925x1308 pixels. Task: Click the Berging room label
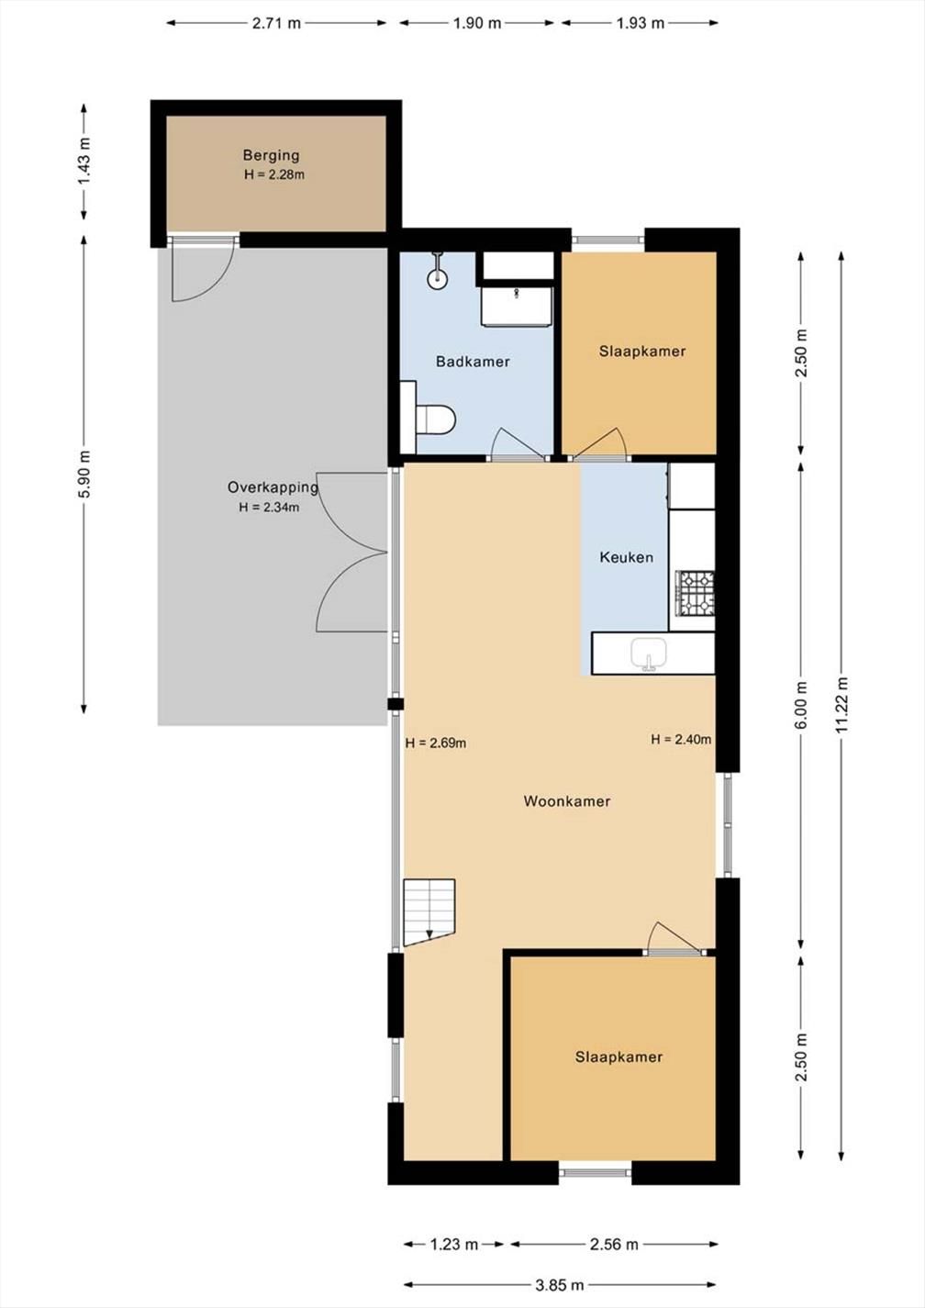[x=272, y=155]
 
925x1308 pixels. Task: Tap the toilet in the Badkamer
[x=435, y=419]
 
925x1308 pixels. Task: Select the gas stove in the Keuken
[x=695, y=593]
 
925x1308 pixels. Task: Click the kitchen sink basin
[x=650, y=654]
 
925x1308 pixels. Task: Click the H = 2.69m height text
[x=436, y=743]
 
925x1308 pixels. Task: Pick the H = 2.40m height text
[x=681, y=739]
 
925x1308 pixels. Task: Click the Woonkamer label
[x=567, y=800]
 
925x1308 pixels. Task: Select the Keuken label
[x=626, y=557]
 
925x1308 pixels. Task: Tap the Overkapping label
[x=273, y=487]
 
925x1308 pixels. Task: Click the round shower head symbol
[x=437, y=280]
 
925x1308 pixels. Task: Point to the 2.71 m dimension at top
[x=276, y=23]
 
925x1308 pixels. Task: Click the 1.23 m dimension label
[x=453, y=1245]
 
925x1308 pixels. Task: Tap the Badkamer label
[x=473, y=362]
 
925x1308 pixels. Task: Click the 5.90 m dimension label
[x=84, y=475]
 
